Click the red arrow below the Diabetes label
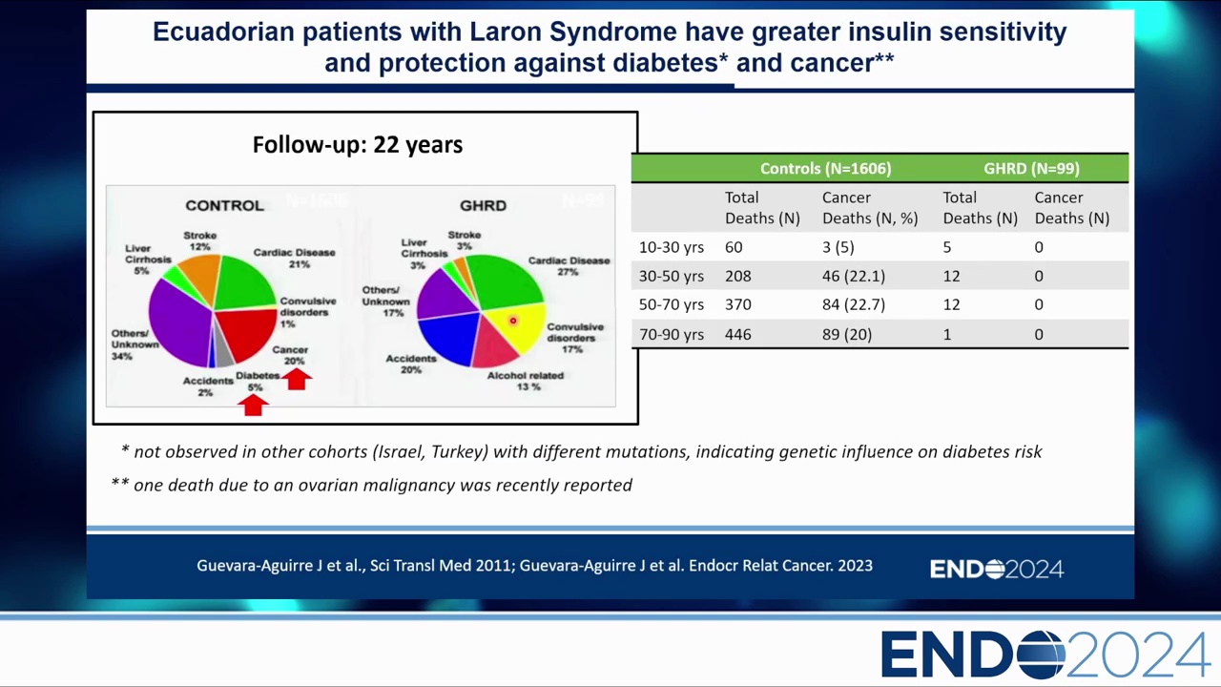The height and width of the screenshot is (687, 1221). (x=253, y=405)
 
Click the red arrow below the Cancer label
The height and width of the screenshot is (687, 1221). (x=297, y=379)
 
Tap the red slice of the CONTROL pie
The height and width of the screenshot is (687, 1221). (x=246, y=329)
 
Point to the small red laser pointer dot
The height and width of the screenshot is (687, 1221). (x=512, y=322)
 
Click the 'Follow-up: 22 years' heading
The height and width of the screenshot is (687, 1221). (x=358, y=145)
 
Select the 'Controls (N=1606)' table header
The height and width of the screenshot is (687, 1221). (x=825, y=169)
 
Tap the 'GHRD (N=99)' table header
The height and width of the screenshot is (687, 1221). (x=1031, y=169)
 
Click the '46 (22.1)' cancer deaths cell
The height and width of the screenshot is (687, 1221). (x=854, y=276)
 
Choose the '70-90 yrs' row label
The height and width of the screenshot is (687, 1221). (x=672, y=335)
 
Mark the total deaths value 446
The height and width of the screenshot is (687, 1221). (x=737, y=335)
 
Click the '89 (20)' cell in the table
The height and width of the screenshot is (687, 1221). (x=847, y=335)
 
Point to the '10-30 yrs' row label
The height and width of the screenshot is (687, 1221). (x=672, y=247)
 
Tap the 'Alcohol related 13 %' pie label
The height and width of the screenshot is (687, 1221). (x=526, y=381)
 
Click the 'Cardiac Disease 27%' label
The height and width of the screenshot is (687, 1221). (x=569, y=265)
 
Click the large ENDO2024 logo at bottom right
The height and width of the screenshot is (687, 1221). (x=1045, y=656)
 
